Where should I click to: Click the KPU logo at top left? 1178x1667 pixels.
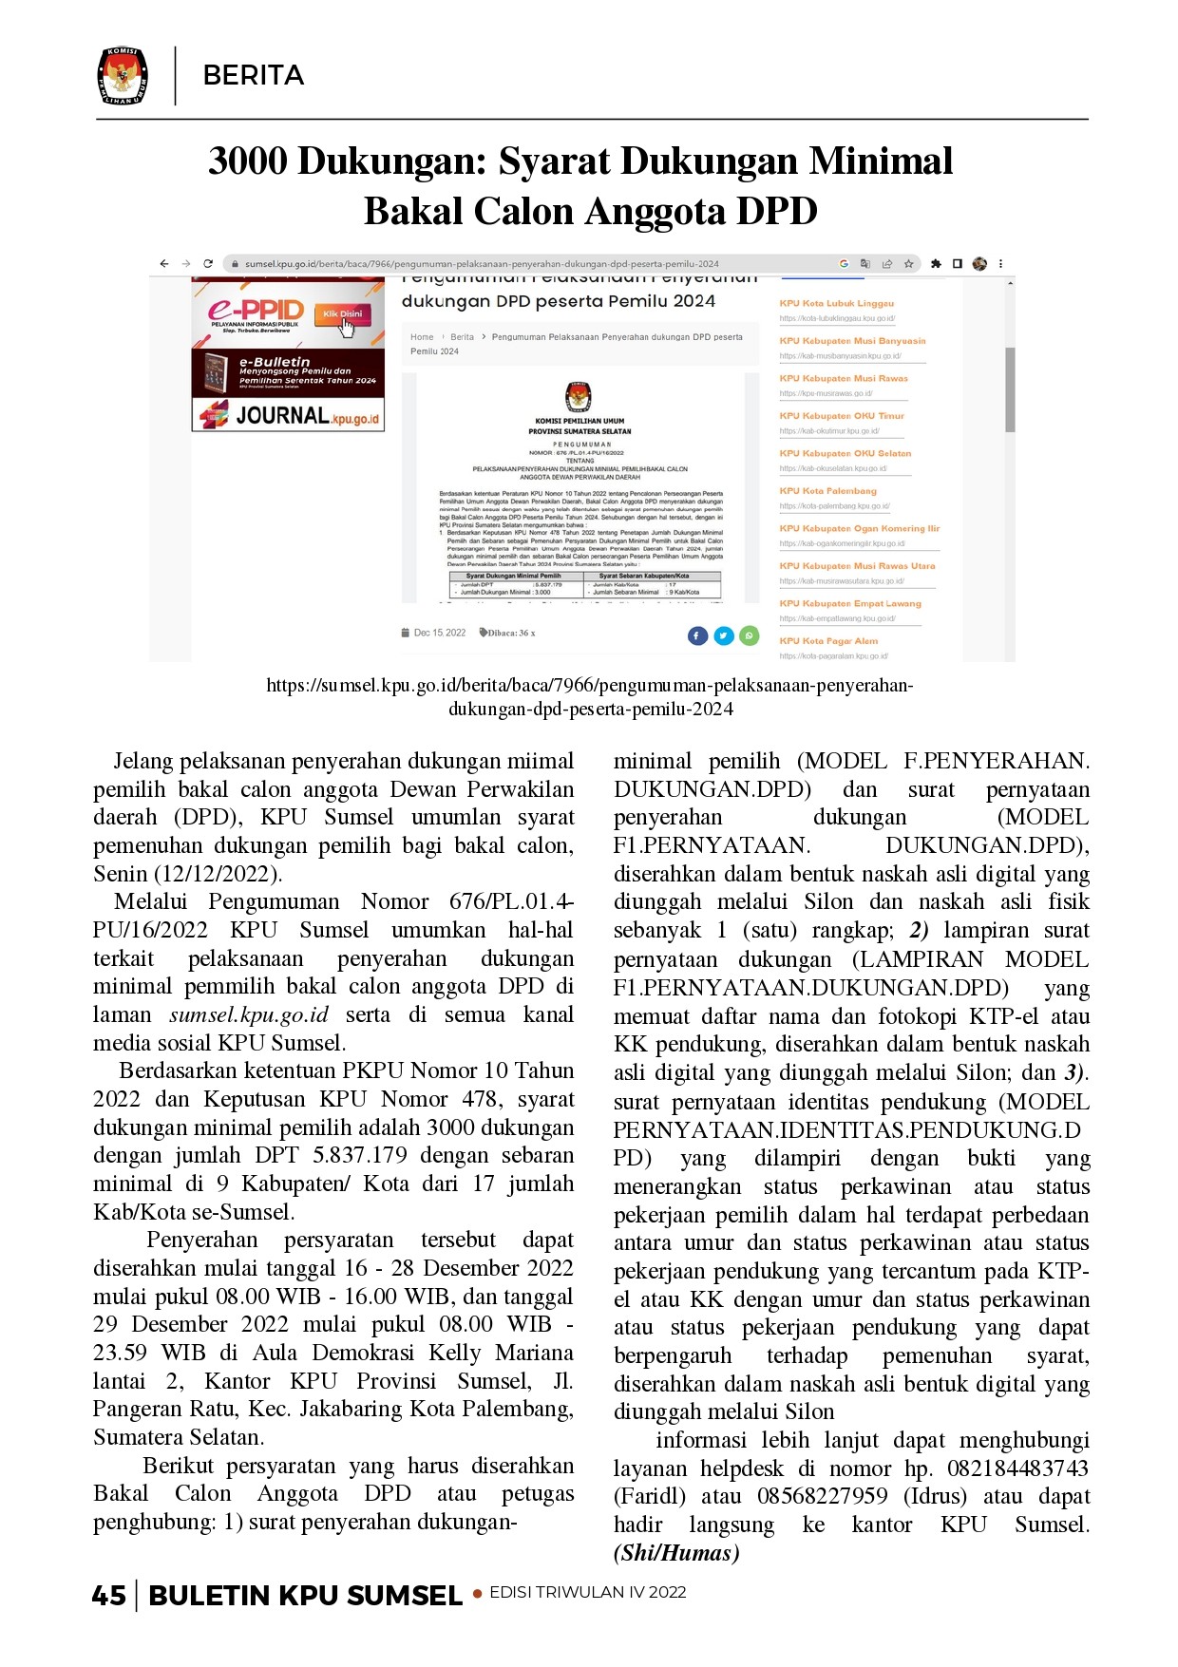[123, 75]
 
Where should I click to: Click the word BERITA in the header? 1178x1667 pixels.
[254, 76]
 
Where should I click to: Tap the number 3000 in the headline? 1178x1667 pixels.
[248, 161]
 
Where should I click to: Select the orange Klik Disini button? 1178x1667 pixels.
[343, 314]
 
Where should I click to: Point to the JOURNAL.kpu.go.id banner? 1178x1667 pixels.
[289, 415]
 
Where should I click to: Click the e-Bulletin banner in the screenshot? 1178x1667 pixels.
[289, 372]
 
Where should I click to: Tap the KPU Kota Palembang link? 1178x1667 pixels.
[827, 491]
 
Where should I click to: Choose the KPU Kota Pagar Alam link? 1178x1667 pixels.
[828, 641]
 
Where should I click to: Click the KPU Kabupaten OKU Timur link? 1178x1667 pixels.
[842, 416]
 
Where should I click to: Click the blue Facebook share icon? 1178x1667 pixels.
[697, 635]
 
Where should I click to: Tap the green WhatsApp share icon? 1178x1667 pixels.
[750, 635]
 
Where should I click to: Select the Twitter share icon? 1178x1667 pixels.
[724, 635]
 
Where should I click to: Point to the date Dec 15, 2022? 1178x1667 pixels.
[439, 633]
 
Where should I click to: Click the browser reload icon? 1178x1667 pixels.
[208, 264]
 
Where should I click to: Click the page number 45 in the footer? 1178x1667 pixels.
[109, 1595]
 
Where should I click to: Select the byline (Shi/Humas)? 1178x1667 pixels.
[676, 1553]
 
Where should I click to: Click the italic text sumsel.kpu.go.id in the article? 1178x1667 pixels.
[249, 1014]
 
